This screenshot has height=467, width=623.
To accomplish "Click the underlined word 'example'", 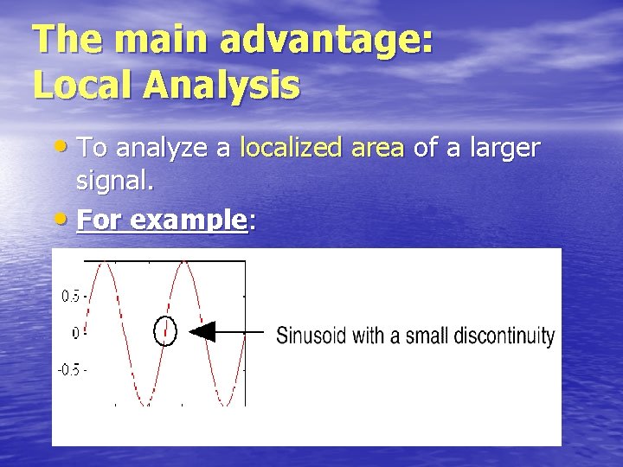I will (x=189, y=221).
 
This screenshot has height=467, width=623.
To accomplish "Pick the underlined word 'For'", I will (x=98, y=220).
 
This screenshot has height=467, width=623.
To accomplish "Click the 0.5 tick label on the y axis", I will (x=72, y=296).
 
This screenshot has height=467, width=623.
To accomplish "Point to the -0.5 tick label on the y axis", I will (x=70, y=369).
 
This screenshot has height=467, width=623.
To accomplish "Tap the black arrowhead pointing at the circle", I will (x=202, y=332).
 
